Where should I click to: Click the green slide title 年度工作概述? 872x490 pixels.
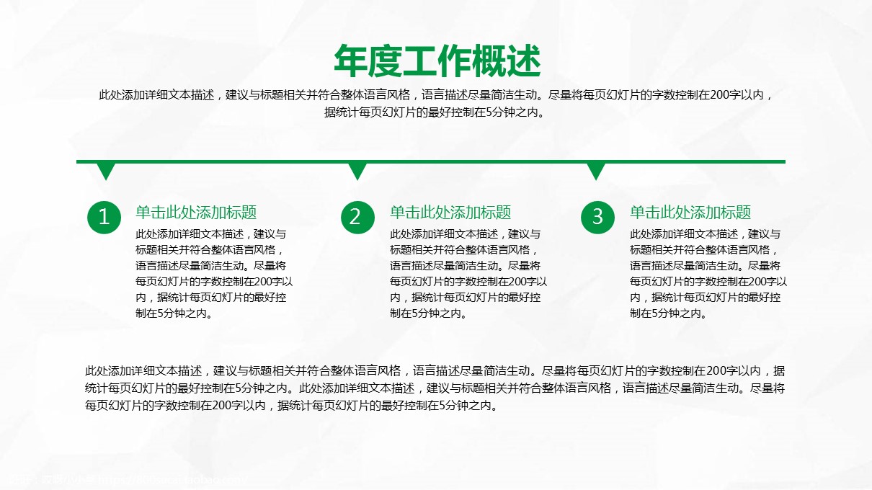point(437,61)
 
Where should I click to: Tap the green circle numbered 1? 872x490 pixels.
point(104,217)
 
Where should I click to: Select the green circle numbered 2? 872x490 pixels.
point(357,217)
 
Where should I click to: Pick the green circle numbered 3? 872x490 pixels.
point(597,217)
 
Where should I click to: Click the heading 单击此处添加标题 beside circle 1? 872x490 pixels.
point(196,213)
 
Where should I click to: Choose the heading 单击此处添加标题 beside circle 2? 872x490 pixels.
point(450,213)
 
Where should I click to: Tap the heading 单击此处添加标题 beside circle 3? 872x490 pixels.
point(690,213)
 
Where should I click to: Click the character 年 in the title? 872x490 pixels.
point(350,61)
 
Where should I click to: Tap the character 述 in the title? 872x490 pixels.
point(524,61)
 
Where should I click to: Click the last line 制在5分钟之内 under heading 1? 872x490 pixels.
point(174,313)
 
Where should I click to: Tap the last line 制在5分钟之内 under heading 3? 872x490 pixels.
point(669,313)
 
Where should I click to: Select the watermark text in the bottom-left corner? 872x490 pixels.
point(128,479)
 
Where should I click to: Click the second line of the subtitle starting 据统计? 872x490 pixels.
point(435,112)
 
